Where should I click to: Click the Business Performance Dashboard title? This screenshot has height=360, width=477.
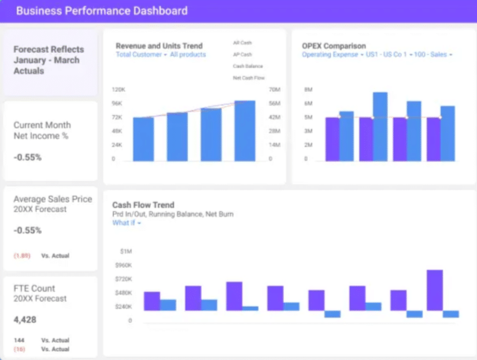tap(102, 10)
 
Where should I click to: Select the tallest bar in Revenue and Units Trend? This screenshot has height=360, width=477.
tap(245, 131)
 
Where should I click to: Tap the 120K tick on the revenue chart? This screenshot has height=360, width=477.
tap(117, 90)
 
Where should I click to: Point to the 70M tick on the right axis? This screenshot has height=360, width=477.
tap(275, 90)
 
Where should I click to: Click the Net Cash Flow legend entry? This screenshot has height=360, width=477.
tap(249, 78)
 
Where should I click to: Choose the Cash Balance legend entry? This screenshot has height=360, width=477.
tap(247, 66)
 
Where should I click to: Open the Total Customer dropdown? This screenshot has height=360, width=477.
tap(141, 55)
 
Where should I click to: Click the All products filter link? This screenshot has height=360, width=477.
tap(188, 55)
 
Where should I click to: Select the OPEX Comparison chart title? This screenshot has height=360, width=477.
tap(334, 46)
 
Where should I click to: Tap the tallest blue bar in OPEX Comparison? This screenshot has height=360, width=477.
tap(380, 126)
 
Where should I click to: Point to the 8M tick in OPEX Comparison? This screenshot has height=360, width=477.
tap(308, 90)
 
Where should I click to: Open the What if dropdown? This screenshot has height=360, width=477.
tap(127, 223)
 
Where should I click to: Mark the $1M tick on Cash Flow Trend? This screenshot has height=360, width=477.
tap(125, 252)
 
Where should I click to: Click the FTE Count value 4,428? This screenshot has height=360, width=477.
tap(25, 319)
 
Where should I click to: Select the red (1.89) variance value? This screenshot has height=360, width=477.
tap(22, 255)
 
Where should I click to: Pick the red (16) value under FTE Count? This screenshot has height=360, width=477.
tap(19, 349)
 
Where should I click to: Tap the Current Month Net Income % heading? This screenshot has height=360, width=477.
tap(42, 130)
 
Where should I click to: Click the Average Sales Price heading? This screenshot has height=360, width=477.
tap(53, 199)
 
